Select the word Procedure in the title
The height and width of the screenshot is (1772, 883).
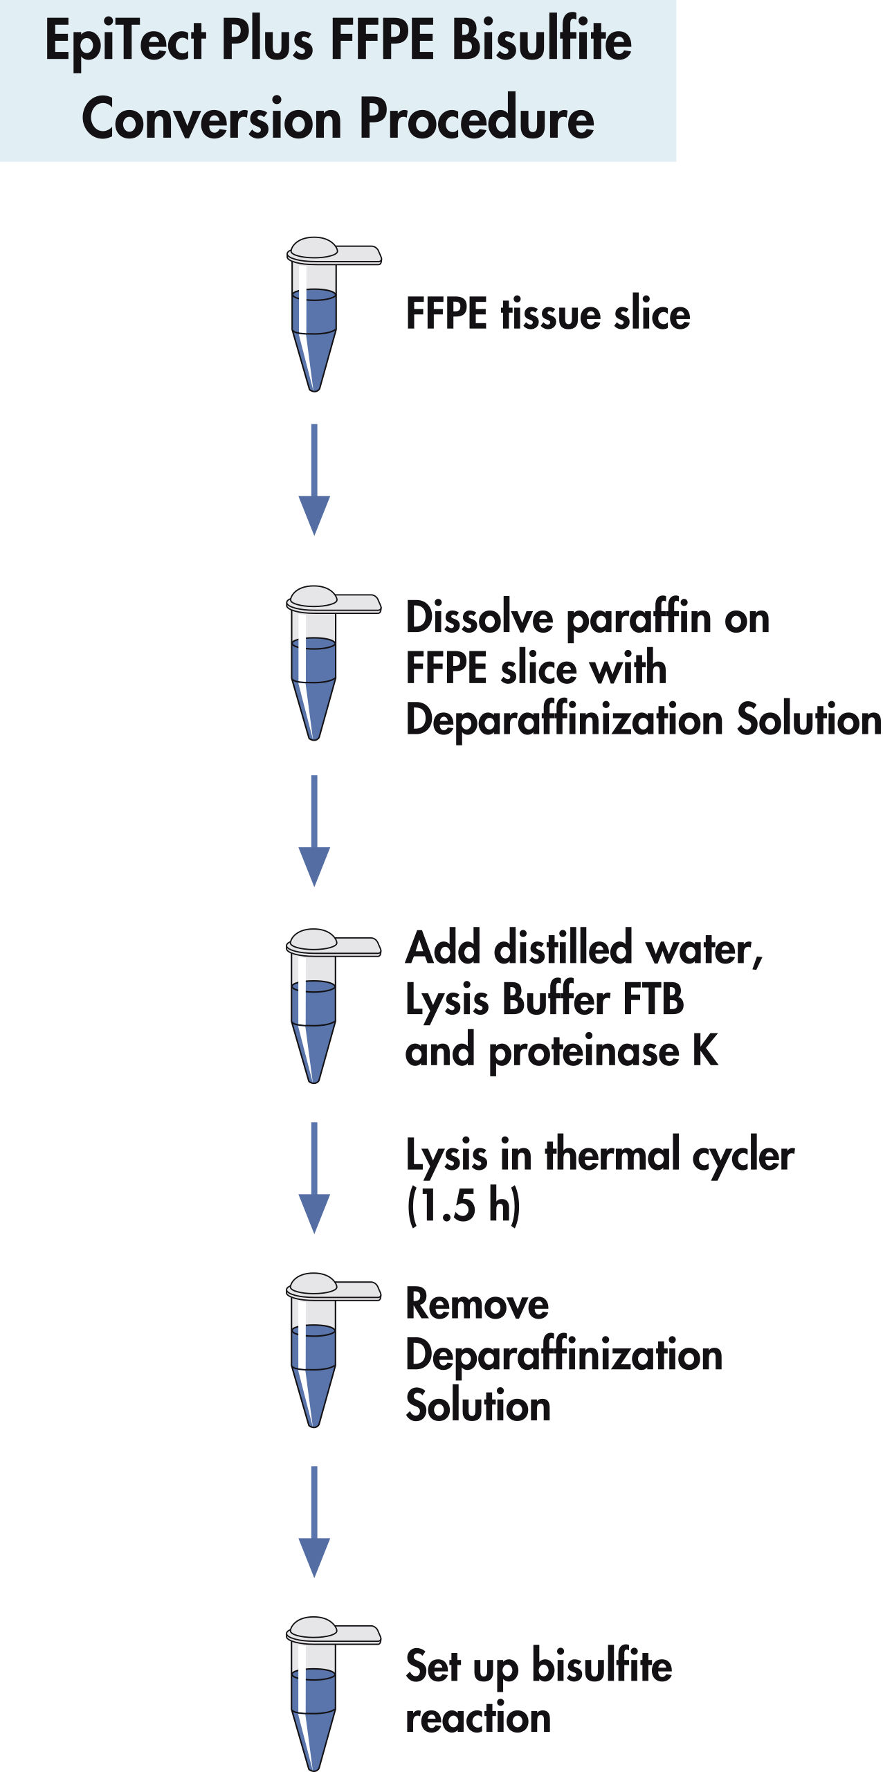pyautogui.click(x=477, y=118)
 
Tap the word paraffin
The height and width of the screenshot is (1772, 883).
pyautogui.click(x=639, y=618)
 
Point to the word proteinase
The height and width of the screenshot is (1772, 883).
pyautogui.click(x=584, y=1051)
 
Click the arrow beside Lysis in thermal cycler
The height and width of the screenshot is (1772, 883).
pyautogui.click(x=314, y=1177)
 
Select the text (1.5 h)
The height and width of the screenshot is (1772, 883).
pyautogui.click(x=463, y=1205)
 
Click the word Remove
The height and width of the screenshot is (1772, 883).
pyautogui.click(x=477, y=1304)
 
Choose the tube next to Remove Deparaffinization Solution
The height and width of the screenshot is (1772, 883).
pyautogui.click(x=314, y=1350)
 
